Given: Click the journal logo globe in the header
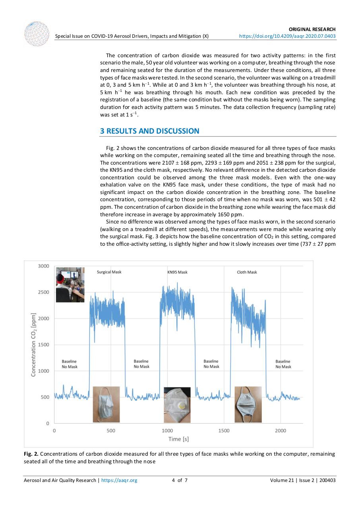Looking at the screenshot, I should click(37, 33).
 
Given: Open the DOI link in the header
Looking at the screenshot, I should click(287, 36).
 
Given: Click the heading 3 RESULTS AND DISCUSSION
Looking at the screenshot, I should click(150, 131).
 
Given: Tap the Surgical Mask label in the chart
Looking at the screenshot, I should click(109, 272).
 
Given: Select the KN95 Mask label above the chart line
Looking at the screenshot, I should click(177, 272).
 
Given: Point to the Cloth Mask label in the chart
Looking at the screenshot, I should click(247, 272).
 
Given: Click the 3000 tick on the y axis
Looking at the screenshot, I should click(43, 266).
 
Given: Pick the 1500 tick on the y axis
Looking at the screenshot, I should click(43, 345).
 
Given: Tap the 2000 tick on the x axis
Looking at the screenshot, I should click(281, 431).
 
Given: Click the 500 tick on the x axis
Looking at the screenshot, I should click(111, 431).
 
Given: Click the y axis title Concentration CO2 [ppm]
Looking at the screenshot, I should click(34, 344).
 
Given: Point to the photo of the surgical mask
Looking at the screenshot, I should click(106, 404).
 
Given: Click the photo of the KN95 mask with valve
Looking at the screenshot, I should click(177, 404).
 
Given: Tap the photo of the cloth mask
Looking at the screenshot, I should click(248, 404).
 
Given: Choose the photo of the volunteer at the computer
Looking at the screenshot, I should click(70, 285).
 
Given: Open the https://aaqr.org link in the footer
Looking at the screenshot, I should click(119, 480).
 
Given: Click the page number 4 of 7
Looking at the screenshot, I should click(180, 480).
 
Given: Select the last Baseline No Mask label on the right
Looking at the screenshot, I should click(283, 364).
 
